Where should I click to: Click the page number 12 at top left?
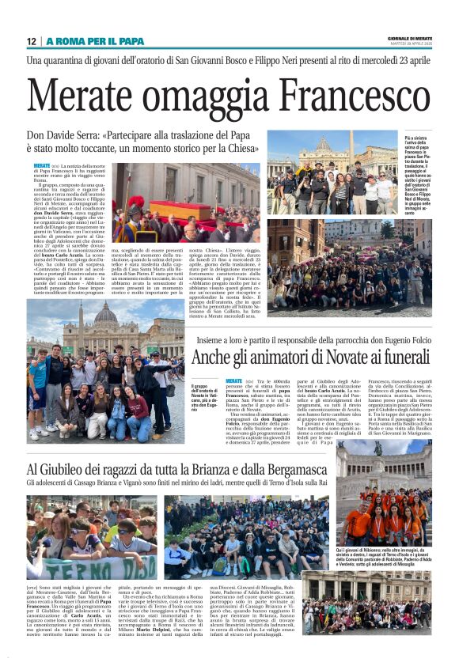32,41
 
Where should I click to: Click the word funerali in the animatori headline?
397,358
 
